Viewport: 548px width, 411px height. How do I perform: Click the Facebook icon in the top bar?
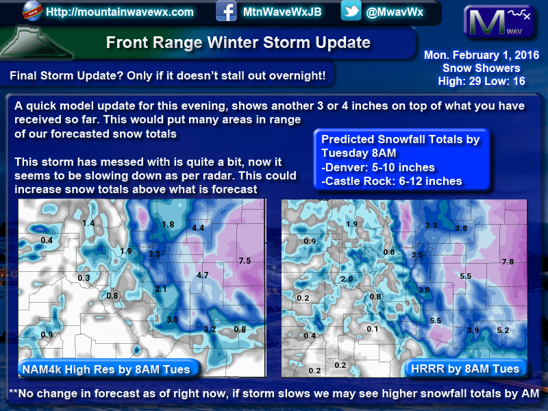click(226, 11)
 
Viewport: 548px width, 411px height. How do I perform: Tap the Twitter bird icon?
click(351, 11)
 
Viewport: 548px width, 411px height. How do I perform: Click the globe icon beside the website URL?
click(32, 11)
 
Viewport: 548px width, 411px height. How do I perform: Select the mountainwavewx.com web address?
click(119, 12)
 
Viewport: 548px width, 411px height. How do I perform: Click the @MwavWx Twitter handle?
click(395, 12)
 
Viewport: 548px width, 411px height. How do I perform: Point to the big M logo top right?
click(499, 22)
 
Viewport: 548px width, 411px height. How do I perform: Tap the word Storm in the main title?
click(286, 42)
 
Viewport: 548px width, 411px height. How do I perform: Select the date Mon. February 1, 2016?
click(482, 55)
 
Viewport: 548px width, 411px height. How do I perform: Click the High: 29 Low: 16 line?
click(482, 81)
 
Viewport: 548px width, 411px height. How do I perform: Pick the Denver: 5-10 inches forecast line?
click(378, 167)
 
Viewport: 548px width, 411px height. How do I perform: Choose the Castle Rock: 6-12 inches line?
click(391, 181)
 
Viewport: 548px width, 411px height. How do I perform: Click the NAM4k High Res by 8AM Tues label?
click(106, 369)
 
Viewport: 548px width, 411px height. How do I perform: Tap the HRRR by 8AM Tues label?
click(465, 369)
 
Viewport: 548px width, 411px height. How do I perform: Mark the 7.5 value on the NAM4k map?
click(245, 261)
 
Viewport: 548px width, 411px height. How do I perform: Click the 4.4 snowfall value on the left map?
click(198, 228)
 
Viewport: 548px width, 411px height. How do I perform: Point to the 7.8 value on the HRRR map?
click(508, 262)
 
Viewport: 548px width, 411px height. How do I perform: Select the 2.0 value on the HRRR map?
click(347, 279)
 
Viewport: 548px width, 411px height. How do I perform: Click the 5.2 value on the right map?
click(503, 330)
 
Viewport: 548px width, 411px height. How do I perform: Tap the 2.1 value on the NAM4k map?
click(161, 289)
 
